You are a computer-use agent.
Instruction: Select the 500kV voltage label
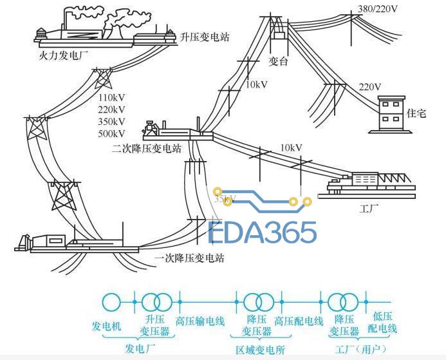pyautogui.click(x=112, y=134)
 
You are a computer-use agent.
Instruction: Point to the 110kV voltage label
pyautogui.click(x=112, y=97)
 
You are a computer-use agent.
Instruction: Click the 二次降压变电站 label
pyautogui.click(x=147, y=149)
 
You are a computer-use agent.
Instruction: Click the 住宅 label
pyautogui.click(x=416, y=113)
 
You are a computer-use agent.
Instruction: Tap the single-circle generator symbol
pyautogui.click(x=112, y=301)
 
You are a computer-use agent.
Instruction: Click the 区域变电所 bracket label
pyautogui.click(x=256, y=348)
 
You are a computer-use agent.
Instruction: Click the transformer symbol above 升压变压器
pyautogui.click(x=157, y=301)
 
